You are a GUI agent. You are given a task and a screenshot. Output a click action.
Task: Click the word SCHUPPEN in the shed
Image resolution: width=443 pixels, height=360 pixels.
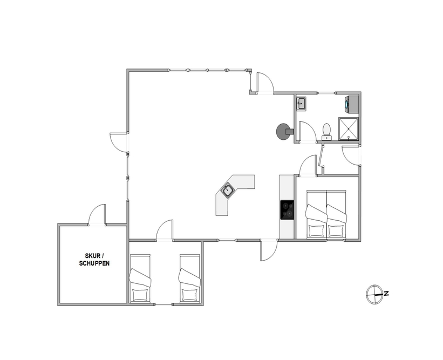94,263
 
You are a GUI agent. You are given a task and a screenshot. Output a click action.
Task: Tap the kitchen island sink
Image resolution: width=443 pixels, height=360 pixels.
227,191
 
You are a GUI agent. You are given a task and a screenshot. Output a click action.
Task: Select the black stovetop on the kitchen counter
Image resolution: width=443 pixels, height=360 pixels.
287,209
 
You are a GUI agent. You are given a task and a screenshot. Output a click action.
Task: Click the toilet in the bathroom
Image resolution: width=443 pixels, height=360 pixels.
327,131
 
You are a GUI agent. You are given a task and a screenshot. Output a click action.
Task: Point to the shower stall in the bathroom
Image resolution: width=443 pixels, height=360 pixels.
348,129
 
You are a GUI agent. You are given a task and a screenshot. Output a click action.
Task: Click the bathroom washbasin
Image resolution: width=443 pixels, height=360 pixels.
301,104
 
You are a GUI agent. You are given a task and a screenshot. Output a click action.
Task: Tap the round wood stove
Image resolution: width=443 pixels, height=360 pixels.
284,131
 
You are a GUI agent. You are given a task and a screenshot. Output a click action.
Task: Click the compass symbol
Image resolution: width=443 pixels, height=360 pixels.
374,294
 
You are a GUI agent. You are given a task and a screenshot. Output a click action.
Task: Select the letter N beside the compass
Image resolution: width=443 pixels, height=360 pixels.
386,294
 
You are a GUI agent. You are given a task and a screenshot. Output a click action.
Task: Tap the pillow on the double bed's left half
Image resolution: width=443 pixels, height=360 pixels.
316,230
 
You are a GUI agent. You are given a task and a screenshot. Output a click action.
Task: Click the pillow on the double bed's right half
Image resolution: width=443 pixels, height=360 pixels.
336,230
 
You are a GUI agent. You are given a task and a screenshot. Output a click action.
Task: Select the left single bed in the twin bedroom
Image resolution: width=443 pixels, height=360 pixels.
140,279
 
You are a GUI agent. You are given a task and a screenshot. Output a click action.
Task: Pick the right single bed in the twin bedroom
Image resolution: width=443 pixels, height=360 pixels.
189,279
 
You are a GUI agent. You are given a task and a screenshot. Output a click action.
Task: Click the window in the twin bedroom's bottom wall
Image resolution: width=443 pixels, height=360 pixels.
163,304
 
